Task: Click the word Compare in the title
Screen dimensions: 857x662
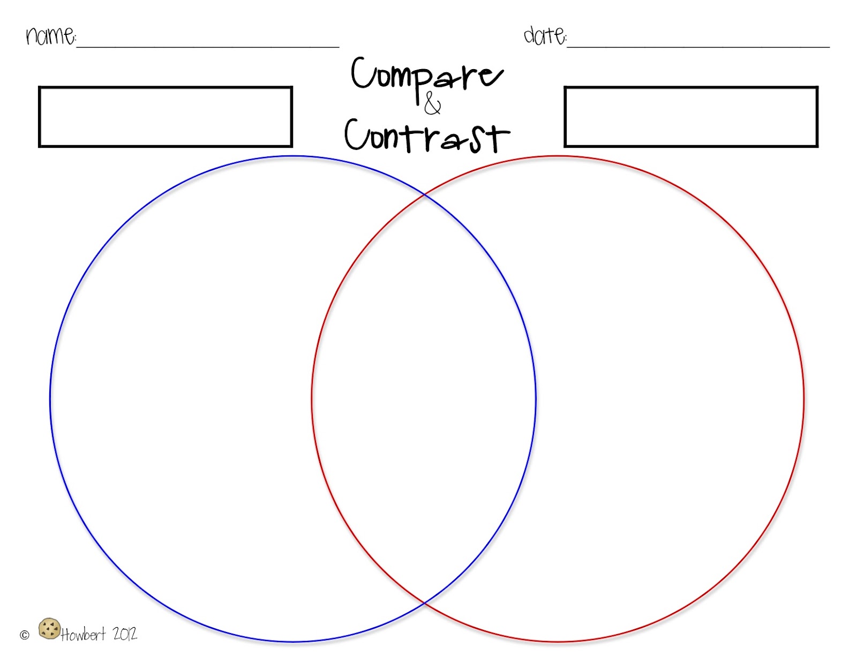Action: click(427, 79)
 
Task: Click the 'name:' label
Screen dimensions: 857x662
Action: click(51, 36)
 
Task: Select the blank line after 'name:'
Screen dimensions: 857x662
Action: click(208, 47)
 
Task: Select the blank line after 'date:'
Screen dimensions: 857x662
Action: click(698, 47)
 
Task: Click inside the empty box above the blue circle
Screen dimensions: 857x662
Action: click(166, 117)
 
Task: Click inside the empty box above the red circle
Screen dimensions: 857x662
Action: click(691, 117)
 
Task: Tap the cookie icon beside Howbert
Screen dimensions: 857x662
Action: click(49, 628)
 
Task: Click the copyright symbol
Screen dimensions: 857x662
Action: click(25, 635)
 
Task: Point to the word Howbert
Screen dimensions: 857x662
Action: click(83, 634)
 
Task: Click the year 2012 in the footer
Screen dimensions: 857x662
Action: click(125, 634)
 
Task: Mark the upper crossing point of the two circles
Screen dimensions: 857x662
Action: click(424, 194)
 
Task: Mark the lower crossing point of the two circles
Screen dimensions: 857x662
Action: click(424, 603)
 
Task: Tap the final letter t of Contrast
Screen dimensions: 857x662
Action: click(499, 138)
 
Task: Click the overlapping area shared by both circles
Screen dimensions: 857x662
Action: click(424, 398)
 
